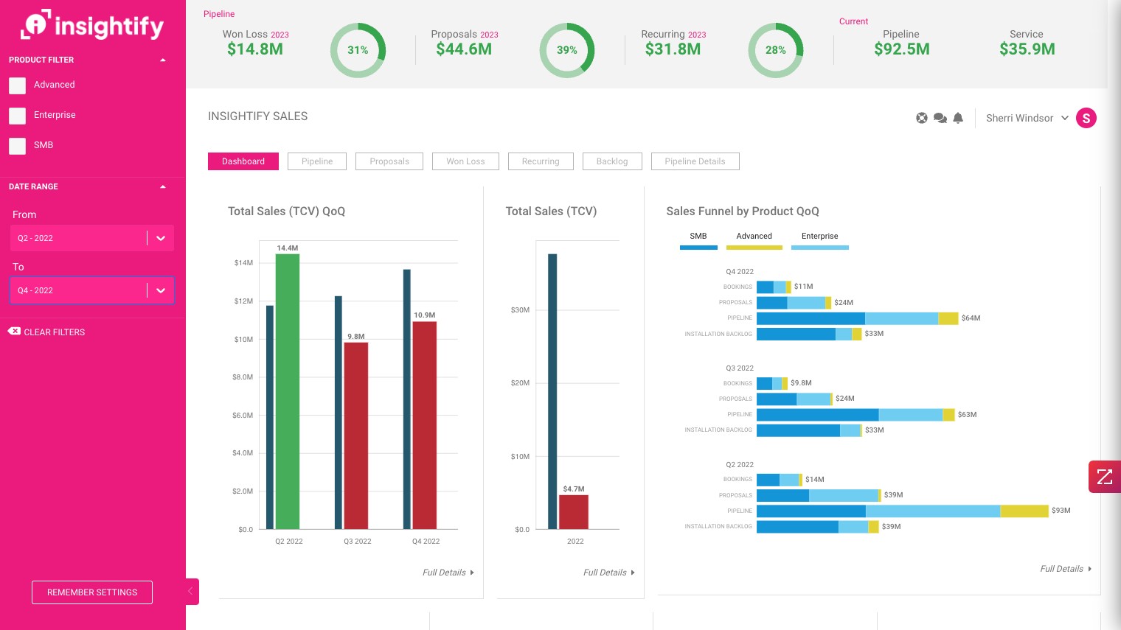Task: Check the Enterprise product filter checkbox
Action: point(18,116)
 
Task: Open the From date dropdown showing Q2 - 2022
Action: point(91,238)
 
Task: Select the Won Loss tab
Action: point(465,161)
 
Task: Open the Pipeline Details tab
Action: point(695,161)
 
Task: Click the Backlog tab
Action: point(612,161)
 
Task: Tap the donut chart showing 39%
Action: point(567,50)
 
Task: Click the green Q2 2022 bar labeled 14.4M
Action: point(288,391)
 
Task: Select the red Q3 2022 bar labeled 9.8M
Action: point(356,435)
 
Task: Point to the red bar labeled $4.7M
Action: point(574,511)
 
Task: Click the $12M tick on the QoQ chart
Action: point(243,301)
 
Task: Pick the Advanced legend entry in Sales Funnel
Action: point(754,237)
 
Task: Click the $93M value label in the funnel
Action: point(1061,511)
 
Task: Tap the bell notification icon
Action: point(958,118)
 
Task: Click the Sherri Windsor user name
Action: point(1019,118)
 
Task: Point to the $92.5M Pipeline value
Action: point(901,49)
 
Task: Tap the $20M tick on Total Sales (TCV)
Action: point(520,383)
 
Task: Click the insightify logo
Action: point(92,26)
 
